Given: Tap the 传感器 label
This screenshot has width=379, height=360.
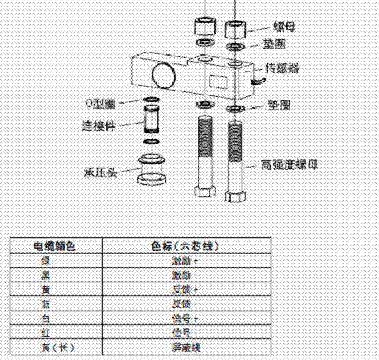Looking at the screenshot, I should (282, 68).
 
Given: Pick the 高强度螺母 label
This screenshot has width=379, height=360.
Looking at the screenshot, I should (289, 165).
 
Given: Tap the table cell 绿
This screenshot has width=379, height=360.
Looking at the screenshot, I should (45, 261).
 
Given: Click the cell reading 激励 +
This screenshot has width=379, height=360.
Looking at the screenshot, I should (185, 261).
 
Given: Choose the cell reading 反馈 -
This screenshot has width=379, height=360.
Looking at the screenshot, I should (185, 304).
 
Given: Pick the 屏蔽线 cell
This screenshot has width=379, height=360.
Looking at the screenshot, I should (185, 347).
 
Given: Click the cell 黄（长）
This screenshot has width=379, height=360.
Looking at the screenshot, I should (55, 347).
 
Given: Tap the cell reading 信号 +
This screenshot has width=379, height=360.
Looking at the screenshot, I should (185, 318).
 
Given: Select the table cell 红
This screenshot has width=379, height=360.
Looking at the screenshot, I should (45, 333).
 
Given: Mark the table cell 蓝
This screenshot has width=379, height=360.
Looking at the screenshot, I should (45, 304).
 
